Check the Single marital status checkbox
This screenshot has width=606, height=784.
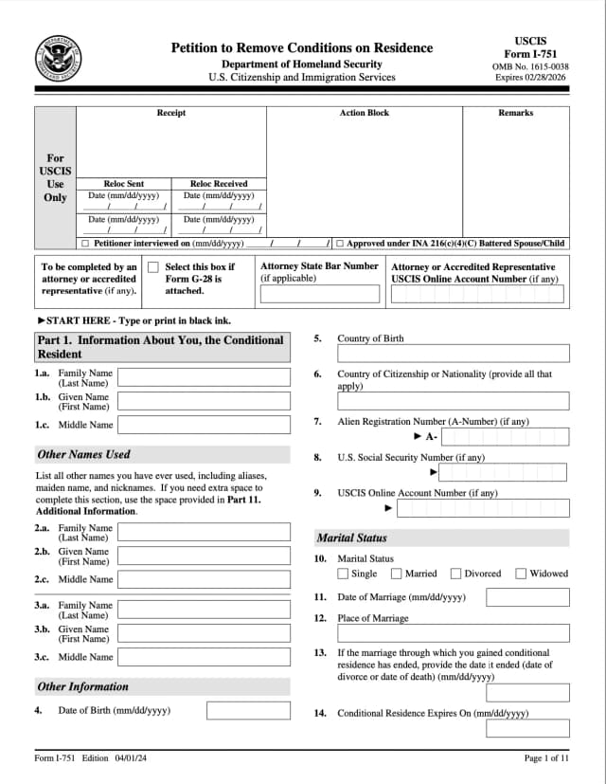click(343, 574)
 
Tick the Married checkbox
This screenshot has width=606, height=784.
click(397, 574)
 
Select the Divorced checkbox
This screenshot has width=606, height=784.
click(455, 574)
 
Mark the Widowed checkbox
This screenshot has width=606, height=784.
click(521, 574)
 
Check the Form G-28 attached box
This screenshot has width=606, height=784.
click(153, 267)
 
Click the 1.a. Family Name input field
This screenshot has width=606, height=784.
click(204, 377)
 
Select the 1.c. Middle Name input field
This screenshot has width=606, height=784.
click(204, 425)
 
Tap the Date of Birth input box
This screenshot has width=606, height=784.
click(248, 710)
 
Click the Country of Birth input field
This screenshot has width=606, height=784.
click(454, 354)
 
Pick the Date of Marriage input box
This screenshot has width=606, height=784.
click(527, 597)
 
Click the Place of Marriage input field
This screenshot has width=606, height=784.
click(454, 633)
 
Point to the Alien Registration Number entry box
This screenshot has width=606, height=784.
click(505, 437)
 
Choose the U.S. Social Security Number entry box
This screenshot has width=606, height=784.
click(502, 472)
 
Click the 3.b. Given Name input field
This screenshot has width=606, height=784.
click(204, 633)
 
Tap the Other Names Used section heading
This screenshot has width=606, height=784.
click(83, 454)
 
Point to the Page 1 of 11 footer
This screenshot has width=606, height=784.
click(546, 758)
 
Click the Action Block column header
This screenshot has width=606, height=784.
click(364, 113)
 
